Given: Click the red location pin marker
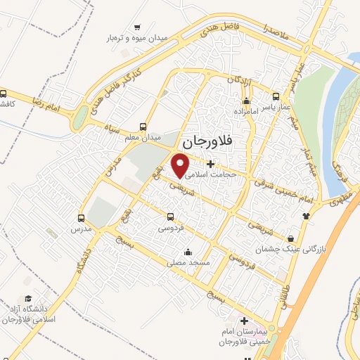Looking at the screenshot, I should coord(182,164).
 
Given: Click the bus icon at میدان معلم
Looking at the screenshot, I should coord(143,127).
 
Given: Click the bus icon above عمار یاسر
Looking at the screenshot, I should coord(276,96).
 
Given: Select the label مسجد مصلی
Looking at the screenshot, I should coord(188,262).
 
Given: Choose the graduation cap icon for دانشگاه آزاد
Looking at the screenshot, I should coord(27,298).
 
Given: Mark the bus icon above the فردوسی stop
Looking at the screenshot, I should coord(170,217).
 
